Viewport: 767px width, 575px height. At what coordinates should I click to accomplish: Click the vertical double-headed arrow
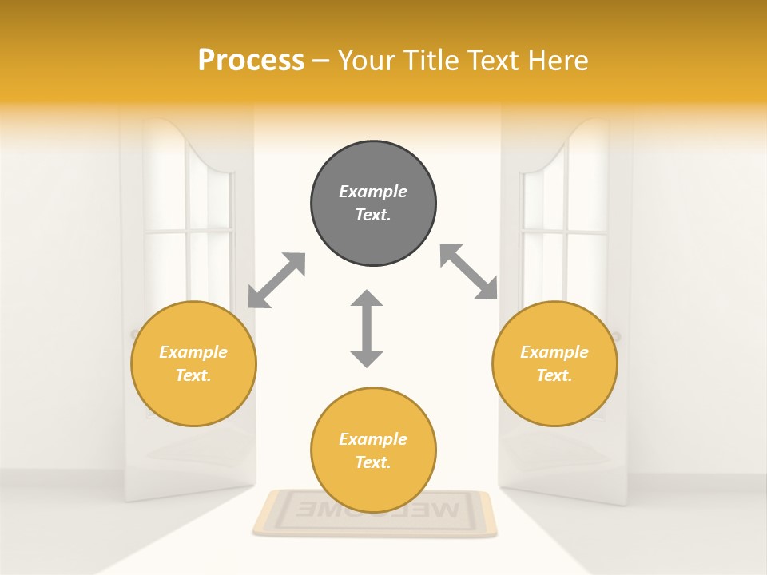(x=367, y=328)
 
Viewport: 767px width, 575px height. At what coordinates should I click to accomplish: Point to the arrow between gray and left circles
(x=276, y=280)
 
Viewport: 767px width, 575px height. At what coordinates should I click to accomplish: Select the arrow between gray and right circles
(x=469, y=272)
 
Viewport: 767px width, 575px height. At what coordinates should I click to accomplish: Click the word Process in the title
(x=251, y=61)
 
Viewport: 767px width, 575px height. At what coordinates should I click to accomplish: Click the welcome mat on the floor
(x=374, y=512)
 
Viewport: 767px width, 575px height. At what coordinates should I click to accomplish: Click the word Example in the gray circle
(x=373, y=192)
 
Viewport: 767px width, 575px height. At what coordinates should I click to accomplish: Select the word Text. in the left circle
(x=193, y=375)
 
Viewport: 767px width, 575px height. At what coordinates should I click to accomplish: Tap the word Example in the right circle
(x=554, y=352)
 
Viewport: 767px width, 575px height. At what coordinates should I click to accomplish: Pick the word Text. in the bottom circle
(x=373, y=462)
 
